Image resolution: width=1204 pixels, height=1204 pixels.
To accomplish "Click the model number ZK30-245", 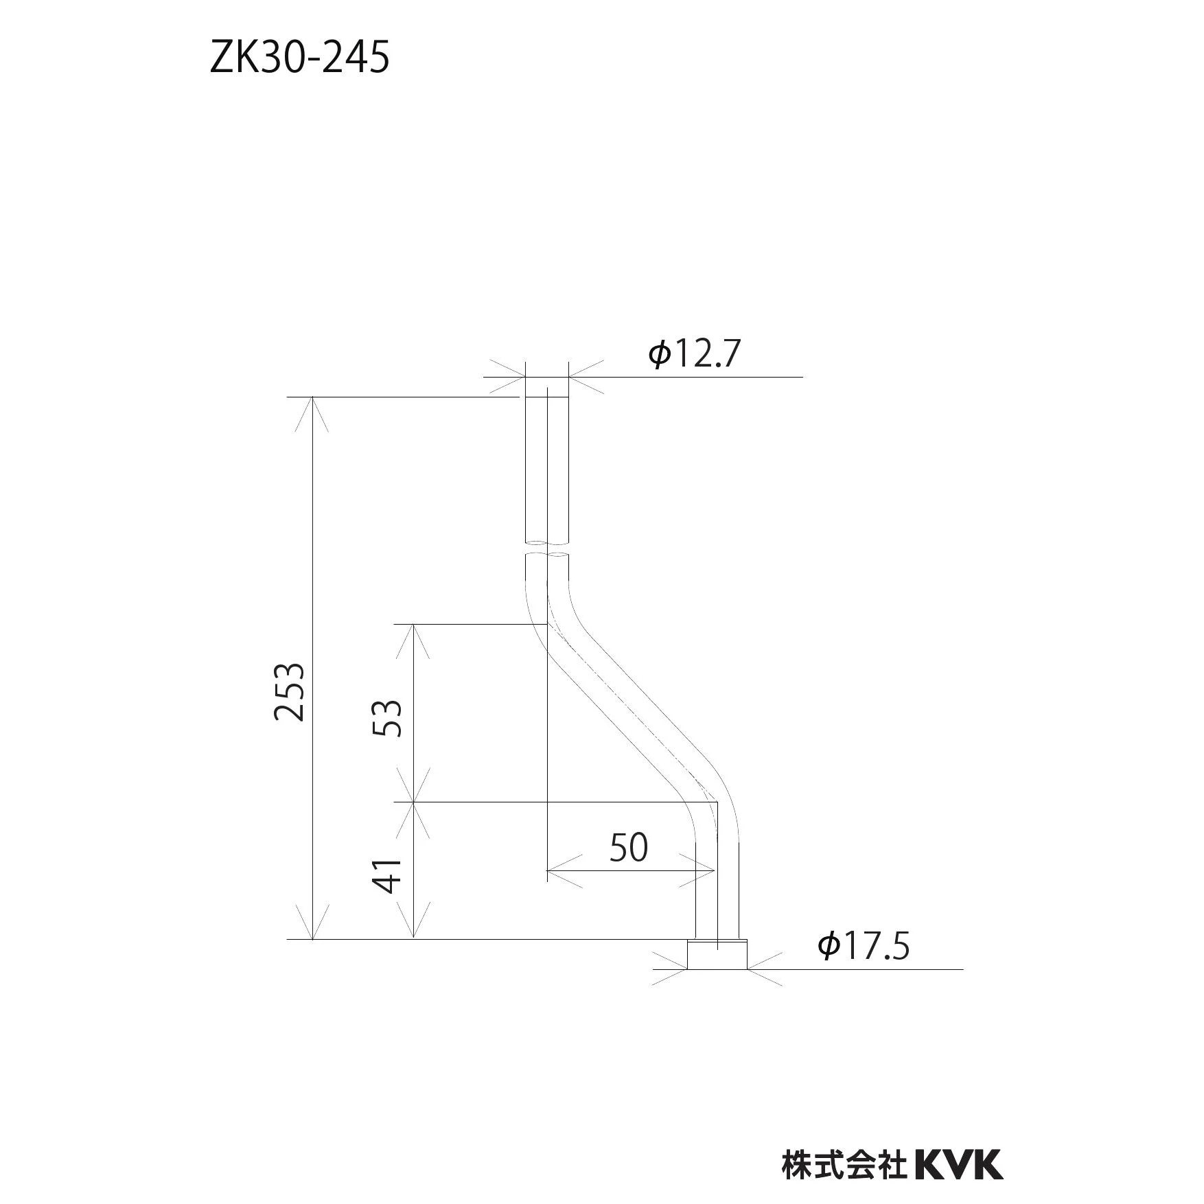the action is (x=300, y=58).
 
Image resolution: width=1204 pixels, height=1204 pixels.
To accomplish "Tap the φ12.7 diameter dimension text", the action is (x=695, y=354).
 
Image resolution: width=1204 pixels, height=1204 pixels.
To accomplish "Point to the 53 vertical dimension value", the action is (x=386, y=718).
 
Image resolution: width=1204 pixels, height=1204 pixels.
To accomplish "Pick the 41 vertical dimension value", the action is (x=387, y=875).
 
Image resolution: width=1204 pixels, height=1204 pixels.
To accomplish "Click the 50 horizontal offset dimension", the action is (x=629, y=848).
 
